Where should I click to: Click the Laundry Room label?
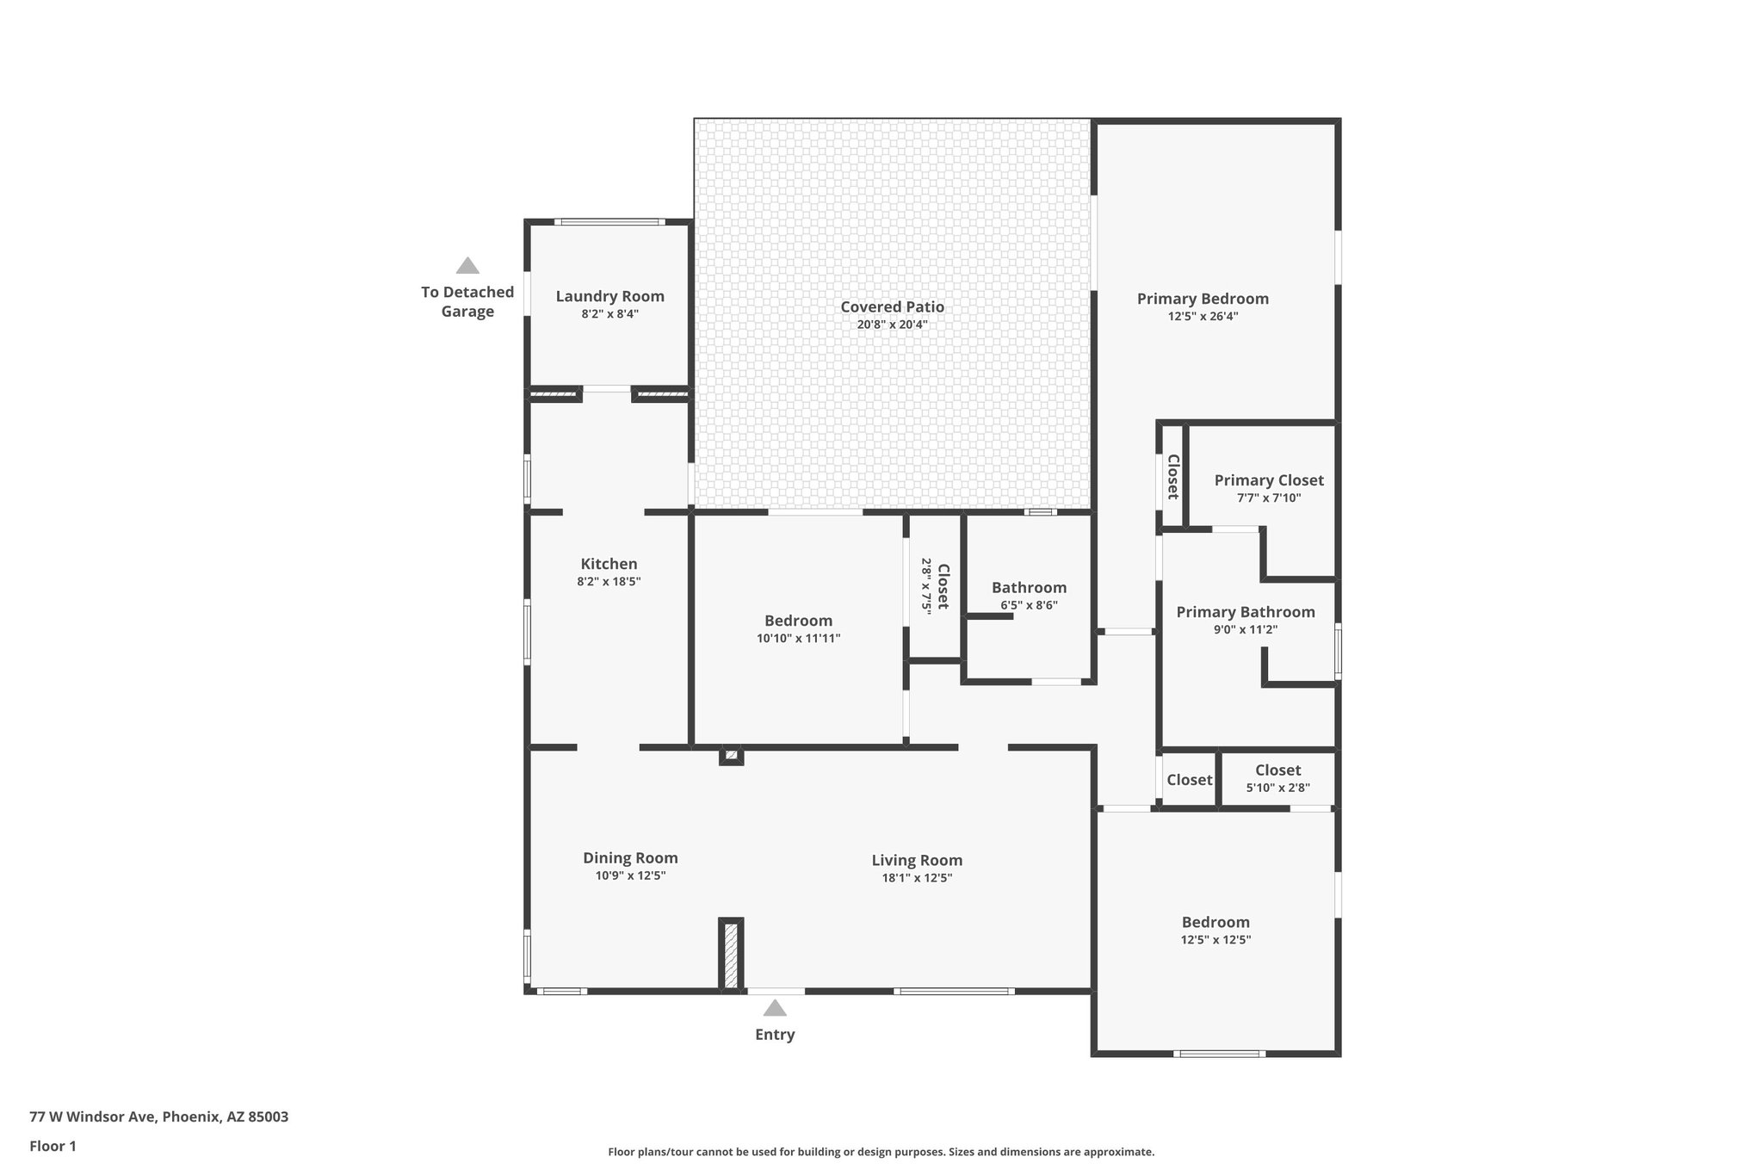(609, 296)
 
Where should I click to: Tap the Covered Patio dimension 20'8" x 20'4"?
(892, 325)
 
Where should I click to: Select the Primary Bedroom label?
(1203, 299)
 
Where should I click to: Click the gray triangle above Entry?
(775, 1008)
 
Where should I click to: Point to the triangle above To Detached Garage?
(467, 266)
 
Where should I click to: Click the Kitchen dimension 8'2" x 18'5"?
(609, 582)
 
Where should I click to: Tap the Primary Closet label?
(1269, 480)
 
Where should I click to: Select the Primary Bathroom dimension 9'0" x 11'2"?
(1245, 629)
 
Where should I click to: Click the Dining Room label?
(630, 857)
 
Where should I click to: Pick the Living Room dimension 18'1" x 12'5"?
(917, 878)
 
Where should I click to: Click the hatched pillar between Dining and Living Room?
(731, 955)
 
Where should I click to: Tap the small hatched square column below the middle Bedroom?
(731, 756)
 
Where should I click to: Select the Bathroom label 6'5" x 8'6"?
(1029, 588)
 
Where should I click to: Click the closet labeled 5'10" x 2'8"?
(1277, 778)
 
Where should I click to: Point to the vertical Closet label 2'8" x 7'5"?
(943, 585)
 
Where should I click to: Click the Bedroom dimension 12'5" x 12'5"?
(1216, 940)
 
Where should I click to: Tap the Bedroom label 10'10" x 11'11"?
(798, 621)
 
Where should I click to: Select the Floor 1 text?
(53, 1146)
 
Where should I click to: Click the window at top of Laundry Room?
(609, 222)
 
